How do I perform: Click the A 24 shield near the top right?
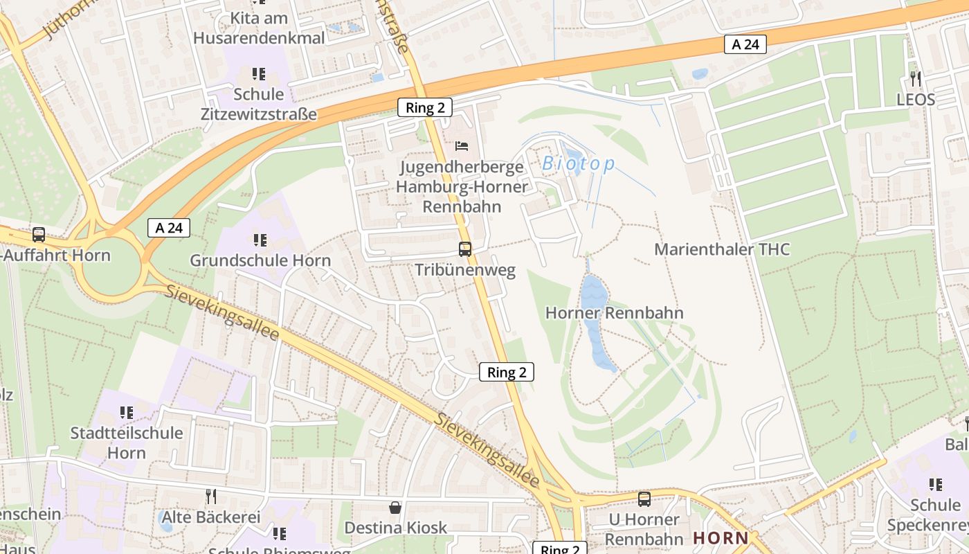point(745,44)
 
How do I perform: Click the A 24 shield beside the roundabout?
point(168,227)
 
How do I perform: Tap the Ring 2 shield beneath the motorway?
point(425,107)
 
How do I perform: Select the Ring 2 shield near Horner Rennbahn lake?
point(507,372)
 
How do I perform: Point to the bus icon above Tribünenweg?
point(465,249)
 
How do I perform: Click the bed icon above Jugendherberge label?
point(462,145)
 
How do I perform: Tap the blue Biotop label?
point(578,164)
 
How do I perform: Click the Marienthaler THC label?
point(721,249)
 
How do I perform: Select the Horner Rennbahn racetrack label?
point(614,313)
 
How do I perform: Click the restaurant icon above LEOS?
point(915,78)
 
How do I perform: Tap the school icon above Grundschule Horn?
point(260,240)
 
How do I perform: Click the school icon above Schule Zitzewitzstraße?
point(259,73)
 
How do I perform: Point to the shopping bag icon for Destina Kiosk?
point(395,508)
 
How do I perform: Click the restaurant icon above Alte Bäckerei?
point(211,496)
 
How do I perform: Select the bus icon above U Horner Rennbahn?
point(644,499)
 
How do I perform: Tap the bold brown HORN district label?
point(721,538)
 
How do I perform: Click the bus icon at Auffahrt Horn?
point(39,235)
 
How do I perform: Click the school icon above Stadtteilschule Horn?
point(127,413)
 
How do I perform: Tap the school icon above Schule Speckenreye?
point(935,485)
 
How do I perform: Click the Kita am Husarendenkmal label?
point(259,28)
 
